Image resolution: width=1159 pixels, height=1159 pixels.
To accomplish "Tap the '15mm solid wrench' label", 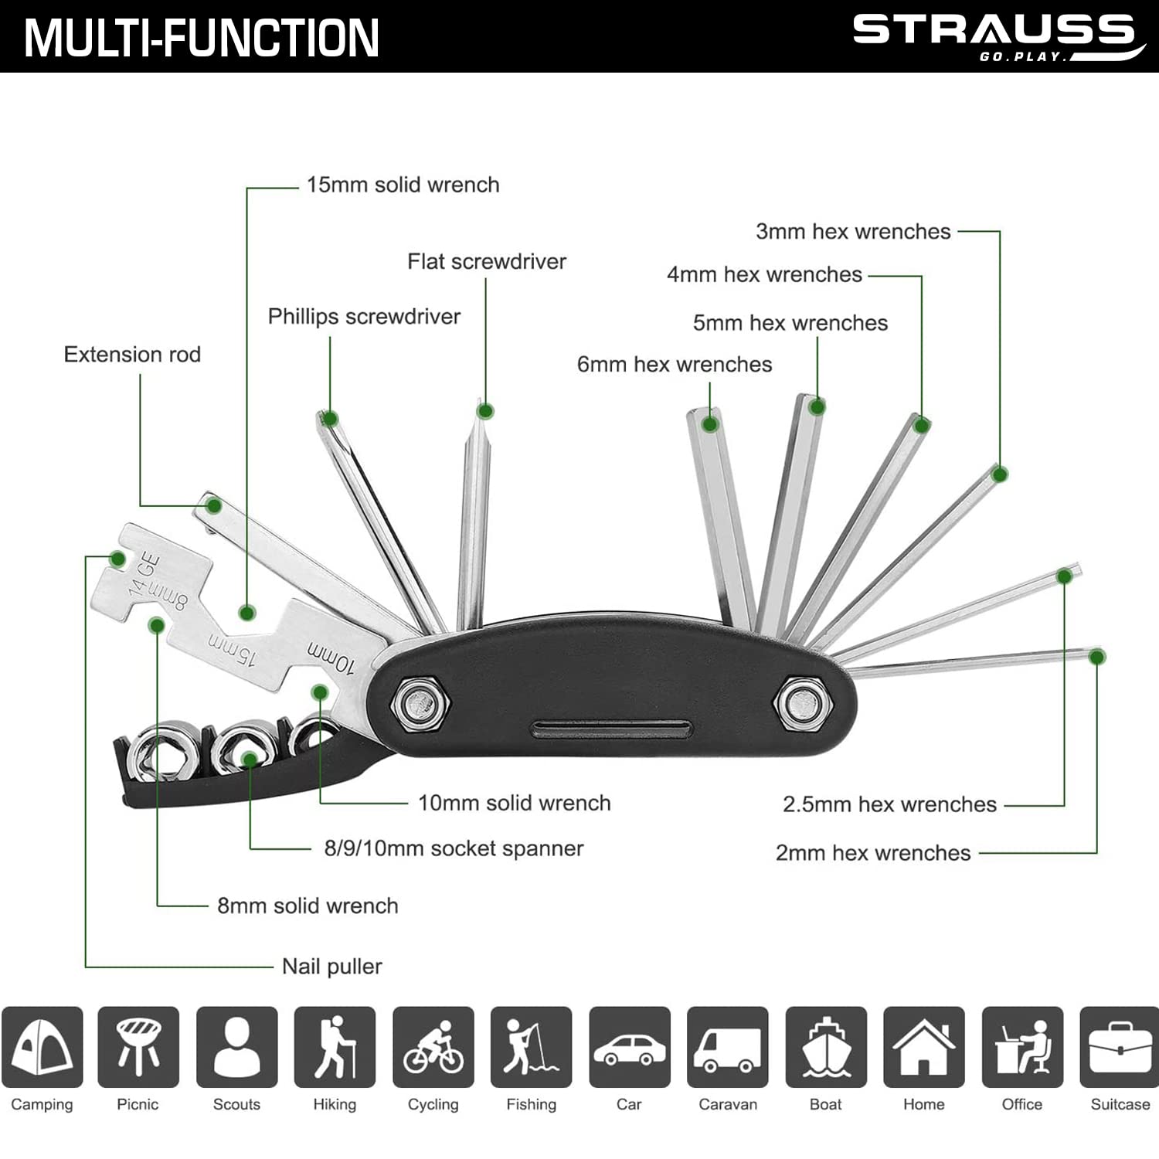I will (403, 185).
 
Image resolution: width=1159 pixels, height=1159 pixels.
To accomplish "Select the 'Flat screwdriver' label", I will (487, 261).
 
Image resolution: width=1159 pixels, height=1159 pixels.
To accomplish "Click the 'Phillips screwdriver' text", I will (364, 316).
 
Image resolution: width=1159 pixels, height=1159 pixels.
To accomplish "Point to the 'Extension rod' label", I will (132, 354).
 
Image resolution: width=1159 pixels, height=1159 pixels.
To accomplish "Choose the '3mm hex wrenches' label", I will (853, 231).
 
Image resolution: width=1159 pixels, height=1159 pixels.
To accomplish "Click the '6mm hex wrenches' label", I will (675, 364).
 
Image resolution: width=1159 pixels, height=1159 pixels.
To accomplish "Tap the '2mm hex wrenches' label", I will (873, 852).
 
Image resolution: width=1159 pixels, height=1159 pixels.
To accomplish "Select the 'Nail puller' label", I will (331, 966).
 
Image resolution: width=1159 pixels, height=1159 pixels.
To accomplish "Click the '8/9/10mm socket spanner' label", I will (454, 848).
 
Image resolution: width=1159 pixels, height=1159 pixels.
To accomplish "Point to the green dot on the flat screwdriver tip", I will (485, 411).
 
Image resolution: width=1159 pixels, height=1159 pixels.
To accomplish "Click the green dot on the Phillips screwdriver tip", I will (330, 420).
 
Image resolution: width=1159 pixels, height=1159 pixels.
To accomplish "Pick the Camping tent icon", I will (42, 1047).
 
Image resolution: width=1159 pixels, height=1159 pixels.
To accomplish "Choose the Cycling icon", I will (433, 1047).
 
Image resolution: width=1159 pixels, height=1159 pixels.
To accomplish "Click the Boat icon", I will (826, 1047).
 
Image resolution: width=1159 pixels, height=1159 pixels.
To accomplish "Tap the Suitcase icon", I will (1120, 1047).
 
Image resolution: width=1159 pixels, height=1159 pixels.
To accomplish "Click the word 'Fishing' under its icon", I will (531, 1104).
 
